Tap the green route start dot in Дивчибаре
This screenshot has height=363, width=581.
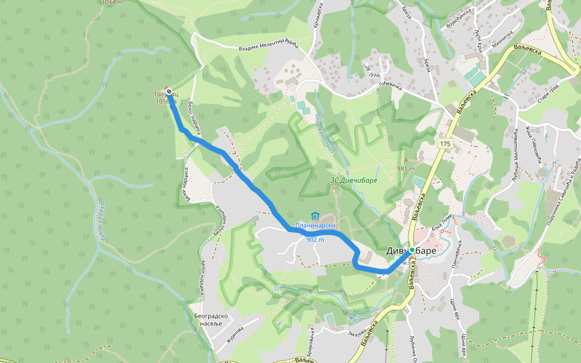click(412, 250)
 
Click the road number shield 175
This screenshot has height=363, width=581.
click(445, 143)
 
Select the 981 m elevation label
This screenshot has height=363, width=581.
click(405, 168)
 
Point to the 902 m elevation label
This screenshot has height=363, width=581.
click(315, 240)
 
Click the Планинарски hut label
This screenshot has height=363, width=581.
click(315, 226)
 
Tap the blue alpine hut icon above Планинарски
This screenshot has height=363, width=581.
click(315, 216)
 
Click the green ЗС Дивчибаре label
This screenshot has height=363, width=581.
click(353, 180)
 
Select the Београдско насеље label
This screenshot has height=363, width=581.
click(210, 319)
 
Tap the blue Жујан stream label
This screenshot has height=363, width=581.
click(357, 318)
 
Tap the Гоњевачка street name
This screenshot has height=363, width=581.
click(391, 87)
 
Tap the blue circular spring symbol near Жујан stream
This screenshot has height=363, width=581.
click(277, 289)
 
